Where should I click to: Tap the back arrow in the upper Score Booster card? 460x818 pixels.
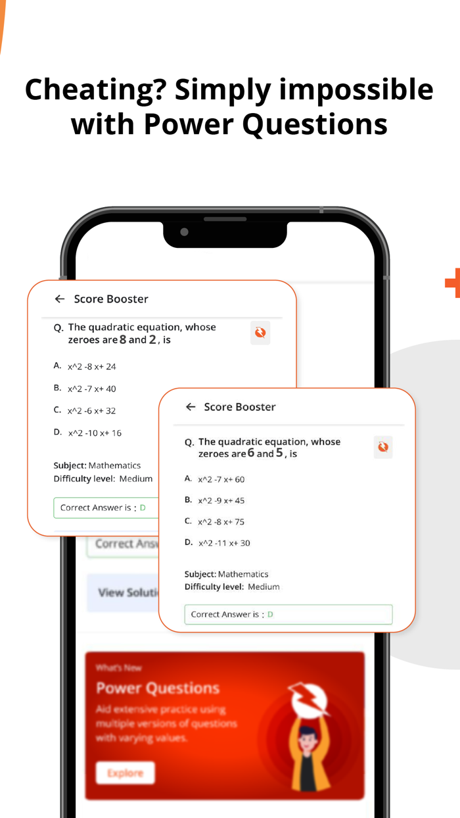coord(60,299)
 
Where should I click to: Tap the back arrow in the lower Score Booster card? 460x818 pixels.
coord(191,407)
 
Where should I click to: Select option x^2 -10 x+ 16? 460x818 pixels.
coord(95,433)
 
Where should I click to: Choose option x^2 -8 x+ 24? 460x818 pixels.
coord(91,366)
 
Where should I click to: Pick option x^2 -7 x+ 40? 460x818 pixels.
coord(91,389)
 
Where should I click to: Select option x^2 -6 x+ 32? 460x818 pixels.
coord(91,411)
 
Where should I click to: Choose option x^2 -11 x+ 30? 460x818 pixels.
coord(223,543)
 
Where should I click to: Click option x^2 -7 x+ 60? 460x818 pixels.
coord(221,479)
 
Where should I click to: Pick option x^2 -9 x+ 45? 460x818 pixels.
coord(221,500)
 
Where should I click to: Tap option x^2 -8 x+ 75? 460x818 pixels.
coord(221,522)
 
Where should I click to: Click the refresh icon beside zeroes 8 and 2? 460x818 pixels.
coord(260,333)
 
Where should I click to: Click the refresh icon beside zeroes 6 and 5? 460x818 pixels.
coord(383,447)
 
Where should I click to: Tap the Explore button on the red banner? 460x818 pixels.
coord(126,773)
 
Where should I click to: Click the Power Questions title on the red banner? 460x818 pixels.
coord(158,688)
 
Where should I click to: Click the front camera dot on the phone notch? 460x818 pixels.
coord(185,232)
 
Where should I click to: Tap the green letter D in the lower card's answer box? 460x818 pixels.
coord(270,614)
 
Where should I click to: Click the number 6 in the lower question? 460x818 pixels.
coord(251,454)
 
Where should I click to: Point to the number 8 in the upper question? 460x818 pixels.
coord(123,340)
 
